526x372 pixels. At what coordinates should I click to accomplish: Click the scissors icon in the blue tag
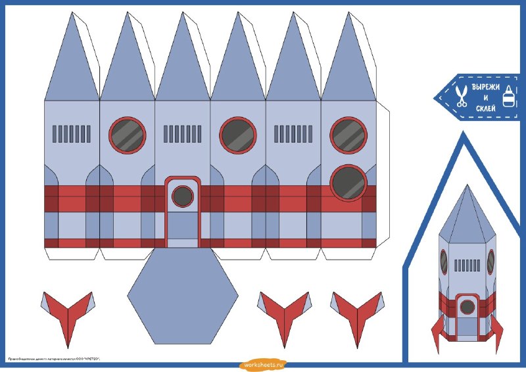click(x=462, y=96)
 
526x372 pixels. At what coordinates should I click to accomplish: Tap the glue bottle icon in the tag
click(x=508, y=97)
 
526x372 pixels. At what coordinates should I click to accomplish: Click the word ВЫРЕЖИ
click(x=486, y=87)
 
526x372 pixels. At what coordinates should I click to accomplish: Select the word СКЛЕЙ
click(x=486, y=108)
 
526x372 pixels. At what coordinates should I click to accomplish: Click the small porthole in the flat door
click(x=182, y=196)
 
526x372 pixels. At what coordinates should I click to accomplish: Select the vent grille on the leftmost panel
click(x=71, y=134)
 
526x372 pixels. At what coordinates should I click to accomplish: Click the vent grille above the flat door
click(x=182, y=134)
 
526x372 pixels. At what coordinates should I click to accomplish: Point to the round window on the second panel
click(x=127, y=133)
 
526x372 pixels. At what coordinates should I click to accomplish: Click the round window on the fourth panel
click(x=238, y=134)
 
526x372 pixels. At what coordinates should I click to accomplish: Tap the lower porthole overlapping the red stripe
click(x=348, y=182)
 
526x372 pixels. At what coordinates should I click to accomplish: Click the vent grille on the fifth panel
click(x=293, y=134)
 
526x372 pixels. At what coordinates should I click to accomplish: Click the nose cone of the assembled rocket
click(x=466, y=214)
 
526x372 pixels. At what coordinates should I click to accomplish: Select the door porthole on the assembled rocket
click(x=467, y=306)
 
